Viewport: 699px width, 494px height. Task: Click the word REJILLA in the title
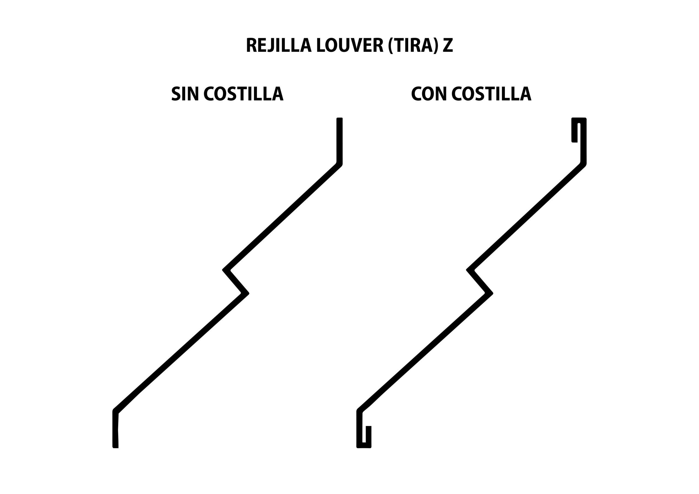coord(279,45)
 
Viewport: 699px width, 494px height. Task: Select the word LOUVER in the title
coord(350,45)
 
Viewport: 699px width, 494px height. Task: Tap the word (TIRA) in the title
coord(413,46)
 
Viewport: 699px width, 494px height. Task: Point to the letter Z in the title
coord(448,45)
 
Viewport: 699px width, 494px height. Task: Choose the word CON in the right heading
coord(429,93)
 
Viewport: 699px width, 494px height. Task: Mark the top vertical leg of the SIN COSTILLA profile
coord(339,141)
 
